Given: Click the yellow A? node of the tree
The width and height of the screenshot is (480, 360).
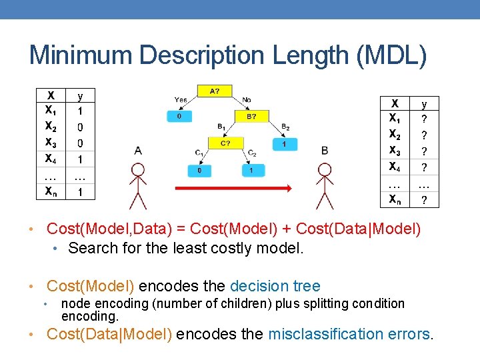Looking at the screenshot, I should coord(215,91).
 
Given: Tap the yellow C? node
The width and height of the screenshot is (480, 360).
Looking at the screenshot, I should coord(225,143).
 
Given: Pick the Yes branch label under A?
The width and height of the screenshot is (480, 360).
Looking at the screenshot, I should coord(181,100).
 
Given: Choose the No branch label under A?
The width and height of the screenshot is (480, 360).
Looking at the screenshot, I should coord(246,100).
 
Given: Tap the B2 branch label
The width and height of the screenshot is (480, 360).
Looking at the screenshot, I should coord(285,127).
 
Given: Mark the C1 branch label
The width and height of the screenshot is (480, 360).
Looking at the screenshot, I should coord(199,153).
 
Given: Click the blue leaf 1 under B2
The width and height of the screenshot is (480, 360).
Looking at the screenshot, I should coord(285,143).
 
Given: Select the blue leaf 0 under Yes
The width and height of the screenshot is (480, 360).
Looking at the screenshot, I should coord(179,116).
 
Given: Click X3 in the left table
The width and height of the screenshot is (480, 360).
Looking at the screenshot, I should coord(51,142).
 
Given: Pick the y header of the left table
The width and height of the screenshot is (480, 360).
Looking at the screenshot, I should coord(81,96).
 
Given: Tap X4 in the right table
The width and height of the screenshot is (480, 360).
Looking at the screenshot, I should coord(395,166).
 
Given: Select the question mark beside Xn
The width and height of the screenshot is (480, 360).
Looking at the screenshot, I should coord(424,199).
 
